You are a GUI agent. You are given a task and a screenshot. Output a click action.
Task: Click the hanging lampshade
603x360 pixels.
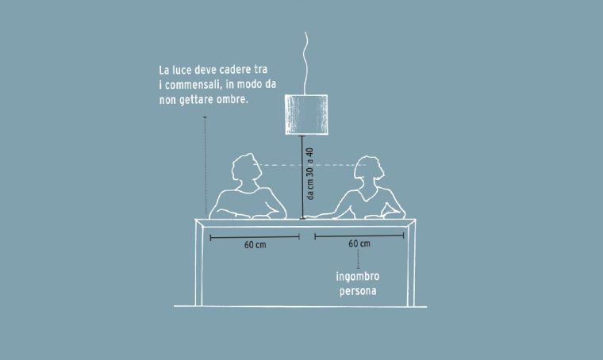tap(306, 114)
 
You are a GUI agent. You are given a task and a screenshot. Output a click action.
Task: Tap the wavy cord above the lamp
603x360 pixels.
tap(306, 63)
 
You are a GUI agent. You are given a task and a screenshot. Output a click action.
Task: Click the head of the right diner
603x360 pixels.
tap(368, 170)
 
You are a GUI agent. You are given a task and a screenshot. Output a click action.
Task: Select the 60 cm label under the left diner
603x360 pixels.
tap(255, 245)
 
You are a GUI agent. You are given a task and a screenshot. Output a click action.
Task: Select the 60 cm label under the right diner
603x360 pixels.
tap(359, 243)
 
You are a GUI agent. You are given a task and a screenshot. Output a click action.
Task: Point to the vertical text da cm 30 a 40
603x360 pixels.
tap(310, 174)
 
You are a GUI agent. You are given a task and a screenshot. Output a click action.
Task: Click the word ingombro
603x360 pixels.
tap(358, 277)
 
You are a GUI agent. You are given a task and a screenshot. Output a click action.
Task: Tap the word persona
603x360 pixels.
tap(358, 291)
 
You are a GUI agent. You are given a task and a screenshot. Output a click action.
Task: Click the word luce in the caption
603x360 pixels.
tap(182, 71)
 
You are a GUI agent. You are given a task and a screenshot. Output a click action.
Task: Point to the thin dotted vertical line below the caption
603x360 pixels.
tap(205, 166)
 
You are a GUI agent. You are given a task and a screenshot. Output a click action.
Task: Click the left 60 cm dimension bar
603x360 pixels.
tap(255, 237)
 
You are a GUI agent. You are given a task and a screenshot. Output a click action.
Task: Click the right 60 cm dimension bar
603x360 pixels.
tap(359, 236)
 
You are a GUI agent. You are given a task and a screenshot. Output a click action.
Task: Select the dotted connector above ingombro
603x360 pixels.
tap(359, 259)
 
